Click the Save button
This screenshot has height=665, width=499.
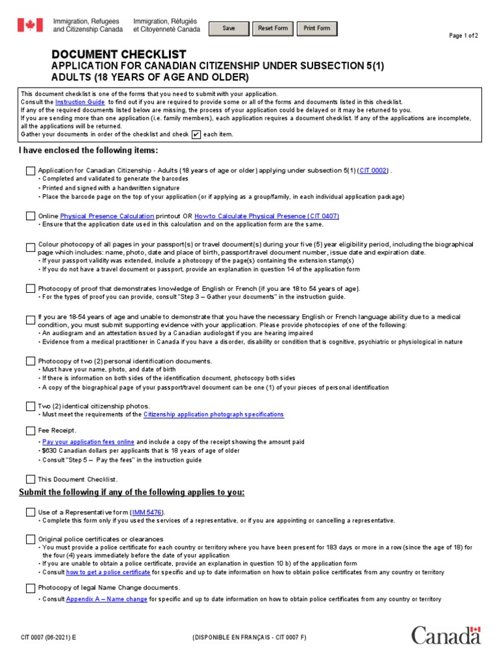[229, 29]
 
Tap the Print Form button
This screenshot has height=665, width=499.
[317, 29]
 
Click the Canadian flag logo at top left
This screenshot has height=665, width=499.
[29, 25]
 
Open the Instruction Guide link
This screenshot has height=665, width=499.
[79, 102]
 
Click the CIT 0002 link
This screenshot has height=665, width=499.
[373, 170]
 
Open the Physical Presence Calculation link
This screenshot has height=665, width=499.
[107, 216]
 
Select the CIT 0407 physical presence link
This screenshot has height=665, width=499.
[266, 216]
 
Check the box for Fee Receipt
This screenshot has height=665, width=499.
[31, 431]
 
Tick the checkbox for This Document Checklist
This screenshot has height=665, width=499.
[31, 479]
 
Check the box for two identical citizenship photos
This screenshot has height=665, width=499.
[31, 406]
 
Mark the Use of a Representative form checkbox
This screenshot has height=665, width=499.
[31, 512]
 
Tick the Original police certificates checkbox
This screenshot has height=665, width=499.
[31, 539]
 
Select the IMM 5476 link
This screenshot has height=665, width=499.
[143, 512]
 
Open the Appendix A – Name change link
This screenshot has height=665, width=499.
[107, 599]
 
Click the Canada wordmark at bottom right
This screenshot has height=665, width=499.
[446, 634]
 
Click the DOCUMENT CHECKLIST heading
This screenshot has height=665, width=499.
[119, 55]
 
